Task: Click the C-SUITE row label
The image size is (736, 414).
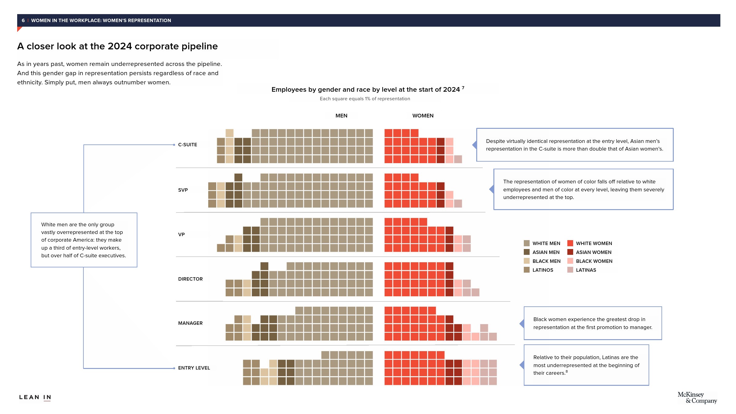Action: click(x=187, y=145)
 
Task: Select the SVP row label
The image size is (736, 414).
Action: click(x=183, y=190)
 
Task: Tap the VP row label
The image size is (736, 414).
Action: click(x=181, y=235)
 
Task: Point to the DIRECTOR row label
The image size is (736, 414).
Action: click(x=190, y=279)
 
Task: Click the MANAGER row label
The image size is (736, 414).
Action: click(x=190, y=323)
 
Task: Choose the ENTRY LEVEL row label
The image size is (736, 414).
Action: click(x=194, y=368)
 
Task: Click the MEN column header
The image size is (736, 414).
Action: click(x=341, y=116)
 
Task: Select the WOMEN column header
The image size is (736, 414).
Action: click(x=423, y=116)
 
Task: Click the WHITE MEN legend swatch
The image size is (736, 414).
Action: click(x=527, y=243)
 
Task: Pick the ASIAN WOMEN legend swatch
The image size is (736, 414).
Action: click(x=570, y=252)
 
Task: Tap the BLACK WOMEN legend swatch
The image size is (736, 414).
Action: click(x=570, y=261)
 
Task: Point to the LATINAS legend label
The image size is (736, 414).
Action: click(x=586, y=270)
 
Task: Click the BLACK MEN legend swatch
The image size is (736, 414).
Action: click(x=527, y=261)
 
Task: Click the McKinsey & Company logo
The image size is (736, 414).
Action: click(x=697, y=398)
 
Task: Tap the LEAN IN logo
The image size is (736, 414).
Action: click(x=35, y=397)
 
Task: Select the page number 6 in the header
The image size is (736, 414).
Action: click(x=23, y=21)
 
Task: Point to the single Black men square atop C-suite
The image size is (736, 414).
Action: click(x=229, y=133)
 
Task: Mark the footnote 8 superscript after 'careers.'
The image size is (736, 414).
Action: click(x=566, y=371)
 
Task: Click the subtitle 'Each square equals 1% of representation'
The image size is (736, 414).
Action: click(x=365, y=99)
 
